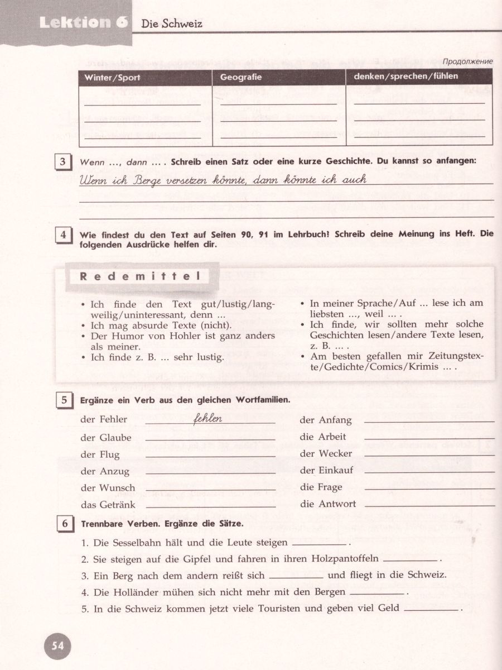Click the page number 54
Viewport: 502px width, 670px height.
[57, 646]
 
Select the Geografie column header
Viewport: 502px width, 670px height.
[240, 78]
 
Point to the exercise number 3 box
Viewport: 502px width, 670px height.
[63, 162]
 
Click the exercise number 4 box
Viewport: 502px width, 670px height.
[63, 236]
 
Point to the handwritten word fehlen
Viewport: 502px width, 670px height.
[207, 418]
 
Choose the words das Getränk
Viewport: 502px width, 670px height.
[108, 505]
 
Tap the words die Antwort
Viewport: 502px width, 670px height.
[328, 504]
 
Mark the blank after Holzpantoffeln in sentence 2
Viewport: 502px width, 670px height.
[411, 559]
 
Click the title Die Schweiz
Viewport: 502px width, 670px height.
[172, 24]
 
